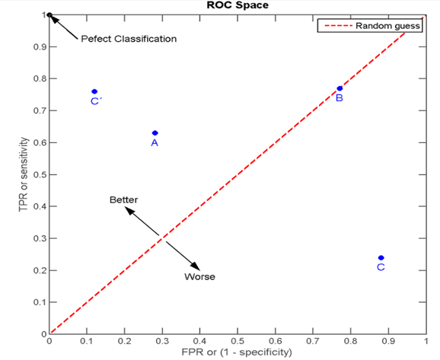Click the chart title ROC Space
[x=238, y=5]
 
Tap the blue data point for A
[x=155, y=133]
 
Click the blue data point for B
[x=340, y=89]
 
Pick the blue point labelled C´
[x=94, y=91]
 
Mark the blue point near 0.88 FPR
[x=381, y=258]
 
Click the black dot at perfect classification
[x=49, y=14]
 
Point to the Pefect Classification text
[x=129, y=39]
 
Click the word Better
[x=123, y=199]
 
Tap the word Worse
[x=199, y=277]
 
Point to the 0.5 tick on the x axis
[x=238, y=342]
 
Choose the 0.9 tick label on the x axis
[x=389, y=342]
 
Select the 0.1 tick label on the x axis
[x=87, y=342]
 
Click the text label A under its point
[x=155, y=142]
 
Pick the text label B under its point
[x=340, y=98]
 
